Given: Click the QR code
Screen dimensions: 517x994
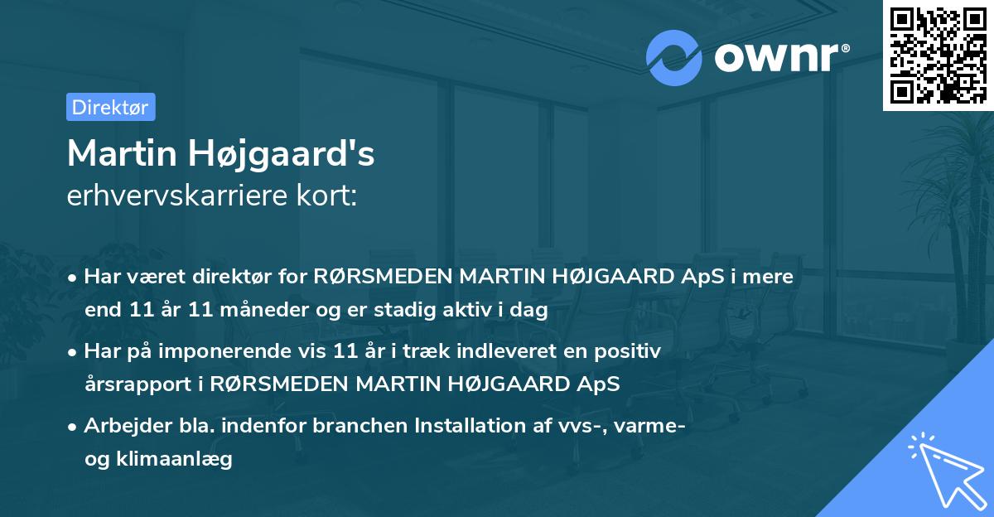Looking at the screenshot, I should pos(938,55).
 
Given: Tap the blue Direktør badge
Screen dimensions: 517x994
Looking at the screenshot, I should pos(110,107).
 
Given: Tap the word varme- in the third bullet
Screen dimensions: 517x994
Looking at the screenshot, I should pos(649,426).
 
